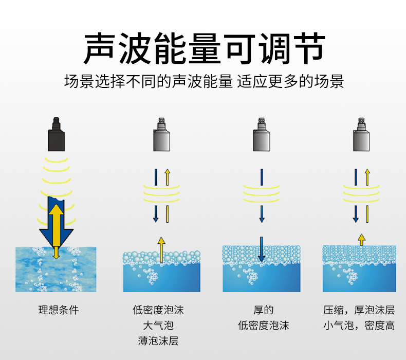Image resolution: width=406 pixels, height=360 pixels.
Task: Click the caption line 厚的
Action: tap(263, 310)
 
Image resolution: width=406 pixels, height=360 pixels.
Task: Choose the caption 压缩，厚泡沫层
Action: tap(359, 310)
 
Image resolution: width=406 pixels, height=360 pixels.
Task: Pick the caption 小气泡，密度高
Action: tap(359, 325)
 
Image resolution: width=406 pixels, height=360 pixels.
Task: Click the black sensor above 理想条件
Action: tap(57, 134)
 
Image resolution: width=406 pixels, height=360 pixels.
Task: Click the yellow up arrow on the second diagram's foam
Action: tap(161, 249)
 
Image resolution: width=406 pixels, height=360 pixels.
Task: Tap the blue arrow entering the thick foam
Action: tap(262, 249)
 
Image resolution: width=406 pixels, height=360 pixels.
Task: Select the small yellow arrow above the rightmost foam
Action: tap(361, 239)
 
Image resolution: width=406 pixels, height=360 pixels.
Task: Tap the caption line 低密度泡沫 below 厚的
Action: tap(263, 325)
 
